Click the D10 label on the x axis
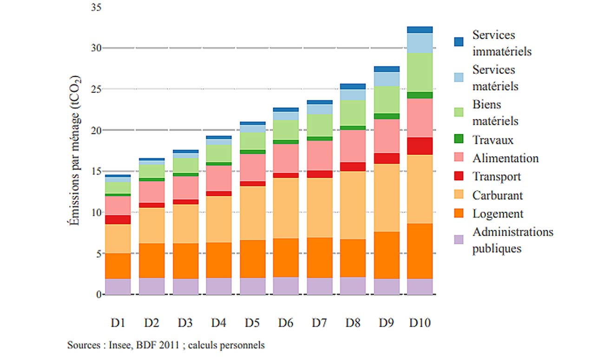tap(420, 322)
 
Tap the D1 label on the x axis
tap(118, 322)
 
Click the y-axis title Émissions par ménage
tap(74, 151)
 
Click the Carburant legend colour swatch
tap(459, 196)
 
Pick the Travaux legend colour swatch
tap(459, 140)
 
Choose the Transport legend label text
tap(496, 177)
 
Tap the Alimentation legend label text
tap(506, 158)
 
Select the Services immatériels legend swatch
tap(459, 42)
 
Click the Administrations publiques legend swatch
tap(459, 240)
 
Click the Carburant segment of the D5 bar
tap(252, 213)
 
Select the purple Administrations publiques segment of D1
tap(118, 286)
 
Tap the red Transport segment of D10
tap(420, 146)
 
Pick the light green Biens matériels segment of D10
tap(420, 72)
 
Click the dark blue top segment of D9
tap(387, 69)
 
